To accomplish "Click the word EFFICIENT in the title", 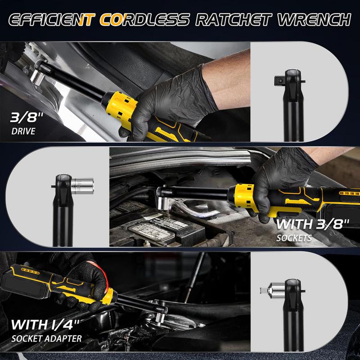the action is tap(52, 19).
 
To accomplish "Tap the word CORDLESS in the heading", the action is tap(144, 19).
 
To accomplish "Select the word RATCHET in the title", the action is tap(234, 19).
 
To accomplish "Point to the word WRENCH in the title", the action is tap(315, 19).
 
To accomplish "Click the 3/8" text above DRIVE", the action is tap(27, 117).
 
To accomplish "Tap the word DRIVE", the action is tap(23, 131).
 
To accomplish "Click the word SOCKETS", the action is tap(294, 238).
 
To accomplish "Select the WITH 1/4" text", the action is tap(45, 324).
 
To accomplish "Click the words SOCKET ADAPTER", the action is tap(47, 339).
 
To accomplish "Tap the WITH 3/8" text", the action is tap(312, 224).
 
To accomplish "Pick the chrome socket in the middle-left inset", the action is tap(82, 185).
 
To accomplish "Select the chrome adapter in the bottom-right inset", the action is tap(273, 291).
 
